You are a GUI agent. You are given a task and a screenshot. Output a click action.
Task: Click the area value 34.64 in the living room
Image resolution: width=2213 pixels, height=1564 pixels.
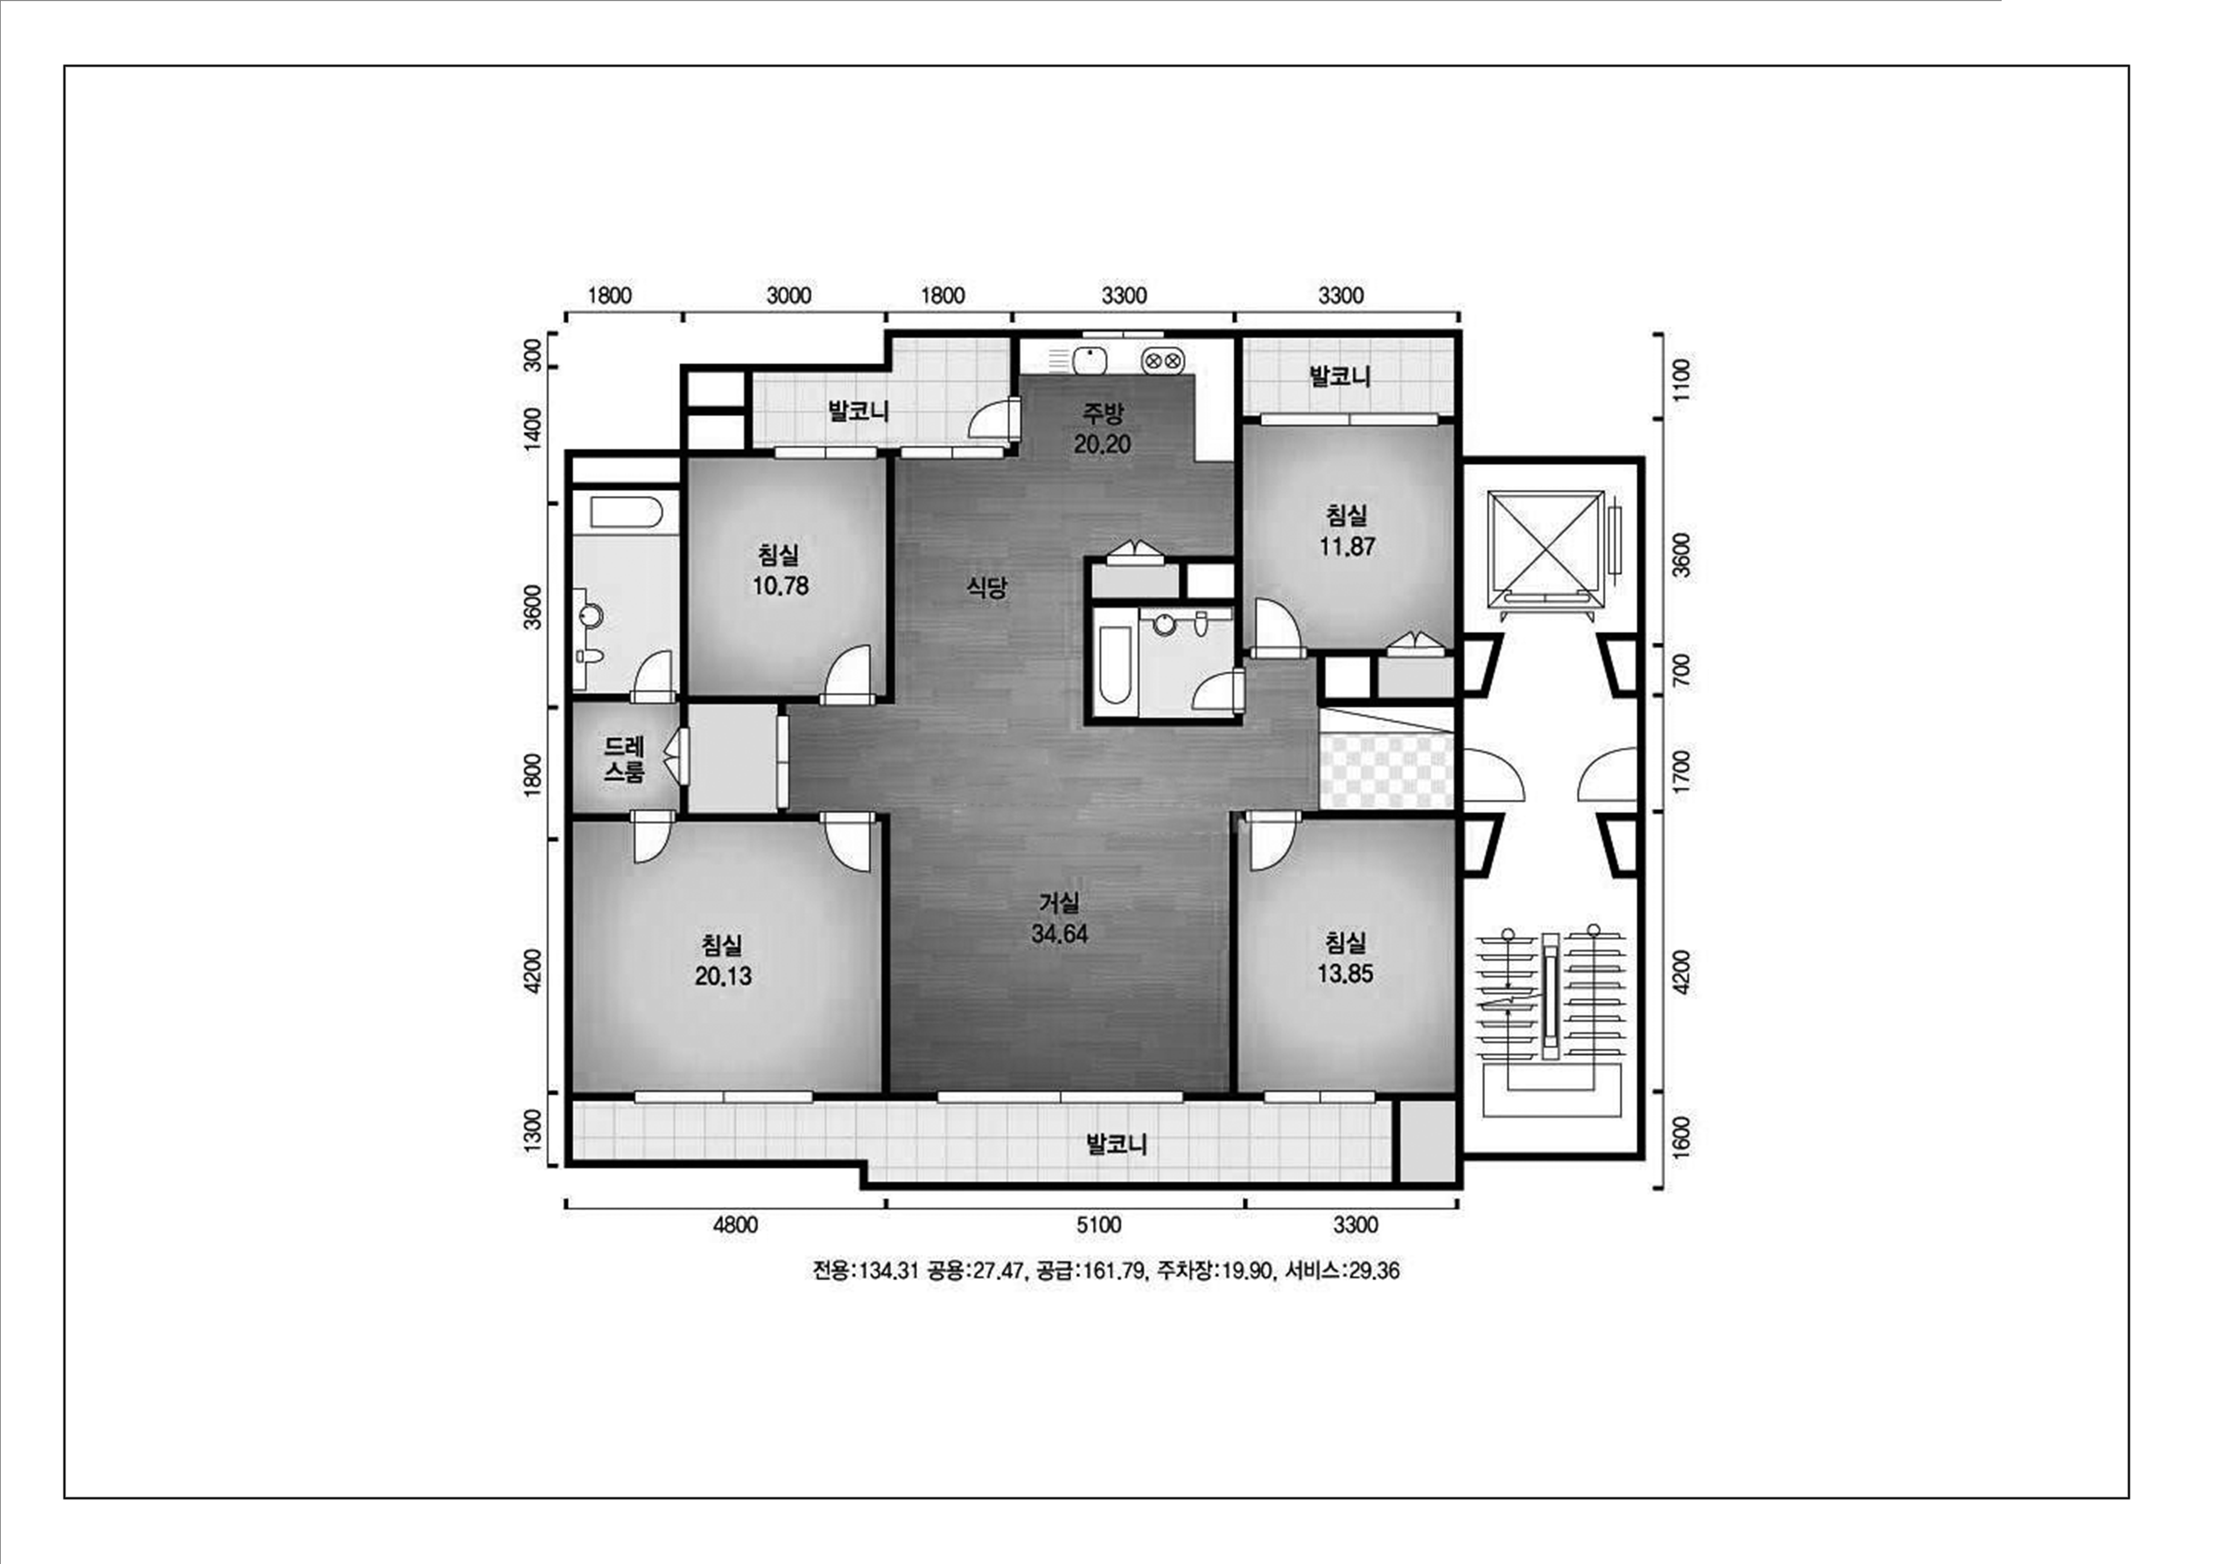tap(1059, 934)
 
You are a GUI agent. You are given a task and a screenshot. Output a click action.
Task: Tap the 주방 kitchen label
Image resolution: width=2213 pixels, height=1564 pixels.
tap(1102, 413)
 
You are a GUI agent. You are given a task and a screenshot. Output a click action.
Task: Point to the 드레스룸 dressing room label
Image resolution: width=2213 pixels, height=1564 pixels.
tap(625, 758)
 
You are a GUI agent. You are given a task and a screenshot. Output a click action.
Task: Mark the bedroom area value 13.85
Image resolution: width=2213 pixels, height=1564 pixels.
tap(1346, 973)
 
